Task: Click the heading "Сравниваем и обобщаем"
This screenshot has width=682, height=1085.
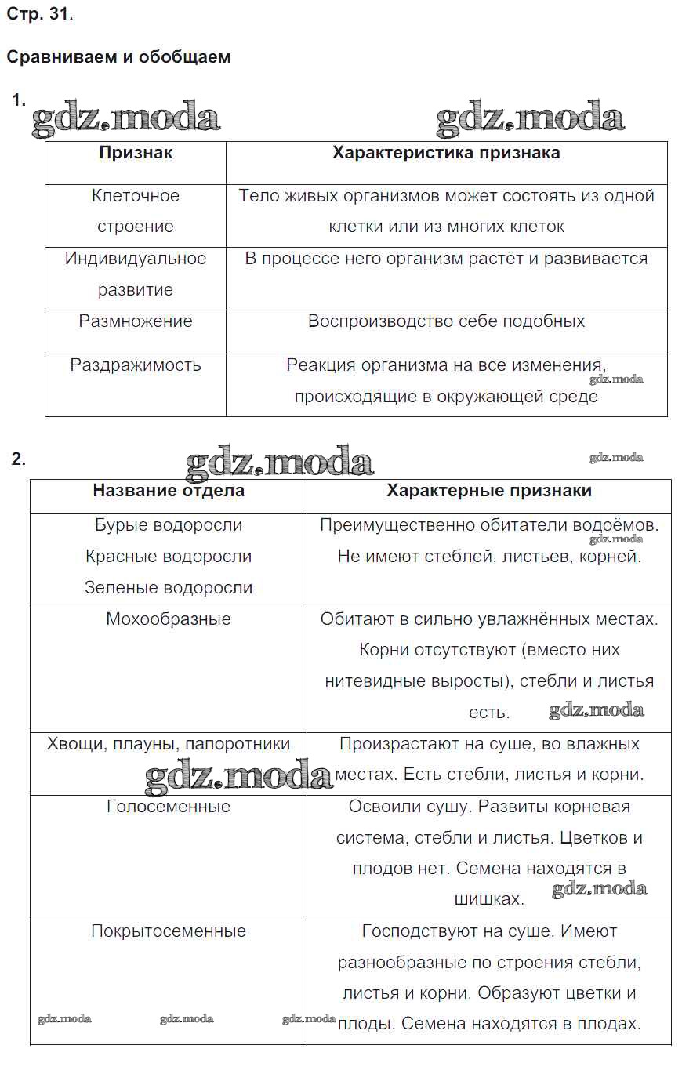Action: point(118,57)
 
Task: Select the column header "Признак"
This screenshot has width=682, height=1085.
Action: point(136,153)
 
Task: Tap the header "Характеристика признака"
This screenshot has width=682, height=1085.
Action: point(446,153)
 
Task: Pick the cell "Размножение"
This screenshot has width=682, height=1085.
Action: point(136,321)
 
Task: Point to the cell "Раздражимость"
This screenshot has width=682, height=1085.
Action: point(136,365)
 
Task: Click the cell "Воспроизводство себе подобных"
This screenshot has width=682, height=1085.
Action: point(446,321)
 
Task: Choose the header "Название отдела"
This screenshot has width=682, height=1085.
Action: point(169,491)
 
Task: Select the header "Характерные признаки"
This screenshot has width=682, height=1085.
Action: point(489,491)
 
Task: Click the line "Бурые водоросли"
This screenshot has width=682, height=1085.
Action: point(169,525)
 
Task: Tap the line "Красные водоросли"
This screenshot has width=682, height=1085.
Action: point(169,557)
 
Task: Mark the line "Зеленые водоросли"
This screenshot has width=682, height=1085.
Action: point(169,588)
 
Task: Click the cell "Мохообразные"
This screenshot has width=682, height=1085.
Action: point(169,619)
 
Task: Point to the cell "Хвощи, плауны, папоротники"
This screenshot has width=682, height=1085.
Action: point(169,744)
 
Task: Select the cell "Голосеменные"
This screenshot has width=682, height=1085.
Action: point(169,807)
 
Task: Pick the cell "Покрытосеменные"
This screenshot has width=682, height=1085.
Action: point(169,931)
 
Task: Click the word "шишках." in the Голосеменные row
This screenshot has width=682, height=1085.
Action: point(489,899)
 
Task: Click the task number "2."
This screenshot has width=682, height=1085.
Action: point(19,459)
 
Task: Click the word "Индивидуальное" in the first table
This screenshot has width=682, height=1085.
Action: point(136,259)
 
